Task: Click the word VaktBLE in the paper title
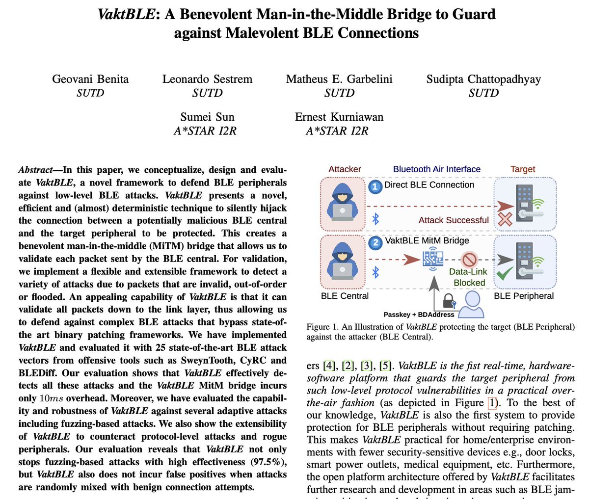(x=126, y=14)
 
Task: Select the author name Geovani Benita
(x=90, y=79)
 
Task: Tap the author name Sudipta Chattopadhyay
(x=483, y=79)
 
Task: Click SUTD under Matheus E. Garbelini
(x=339, y=93)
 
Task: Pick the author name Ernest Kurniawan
(x=339, y=117)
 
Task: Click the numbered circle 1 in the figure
(x=375, y=186)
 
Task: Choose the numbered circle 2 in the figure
(x=375, y=242)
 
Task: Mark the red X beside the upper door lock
(x=505, y=220)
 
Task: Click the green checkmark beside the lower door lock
(x=504, y=273)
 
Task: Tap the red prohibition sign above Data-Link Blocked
(x=470, y=260)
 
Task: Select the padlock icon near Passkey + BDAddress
(x=449, y=300)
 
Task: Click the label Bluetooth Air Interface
(x=437, y=169)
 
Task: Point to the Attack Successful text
(x=454, y=220)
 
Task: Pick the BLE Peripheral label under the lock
(x=524, y=296)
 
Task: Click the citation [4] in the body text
(x=328, y=366)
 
